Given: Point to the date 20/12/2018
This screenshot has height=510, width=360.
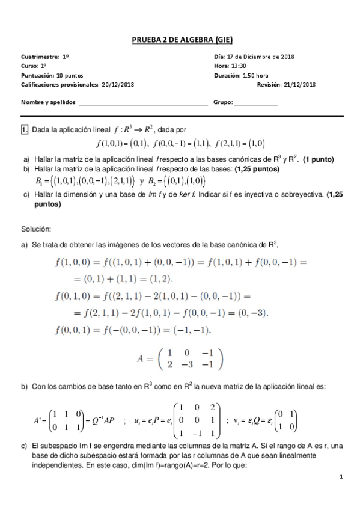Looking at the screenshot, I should tap(118, 84).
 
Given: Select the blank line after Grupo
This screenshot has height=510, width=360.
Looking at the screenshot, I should tap(256, 102).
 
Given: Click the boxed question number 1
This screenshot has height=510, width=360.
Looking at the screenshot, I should tap(25, 129).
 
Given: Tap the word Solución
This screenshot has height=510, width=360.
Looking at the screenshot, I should tap(36, 229).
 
